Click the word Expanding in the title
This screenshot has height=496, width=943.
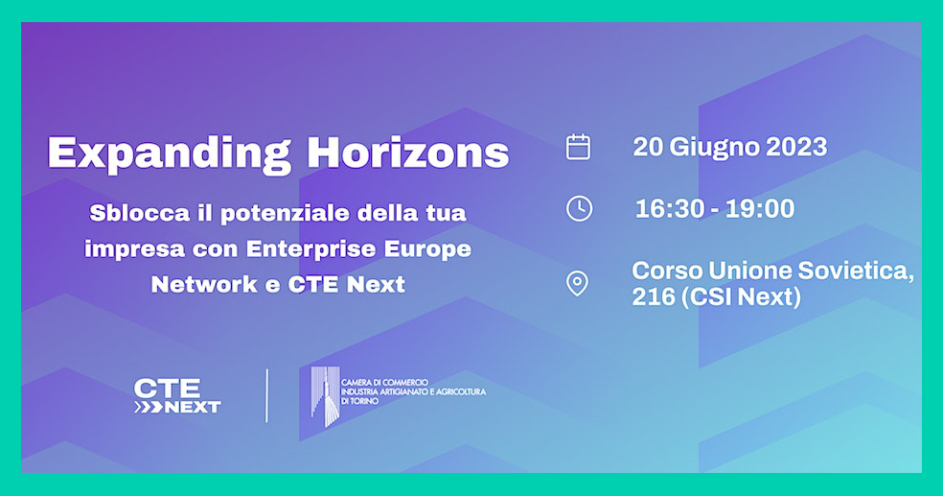[169, 154]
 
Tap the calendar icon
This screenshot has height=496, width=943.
[578, 147]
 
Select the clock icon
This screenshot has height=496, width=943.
[579, 208]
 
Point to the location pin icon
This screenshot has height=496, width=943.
[577, 284]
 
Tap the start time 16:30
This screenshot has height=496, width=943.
[669, 209]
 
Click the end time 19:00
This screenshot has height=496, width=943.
[760, 209]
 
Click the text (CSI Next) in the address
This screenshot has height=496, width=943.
[741, 297]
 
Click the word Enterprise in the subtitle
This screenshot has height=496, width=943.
[311, 249]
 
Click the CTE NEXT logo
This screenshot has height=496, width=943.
[177, 396]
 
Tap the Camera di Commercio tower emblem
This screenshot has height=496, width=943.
[326, 396]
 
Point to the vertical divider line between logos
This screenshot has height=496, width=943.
[267, 395]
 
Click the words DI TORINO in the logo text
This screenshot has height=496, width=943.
[360, 401]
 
